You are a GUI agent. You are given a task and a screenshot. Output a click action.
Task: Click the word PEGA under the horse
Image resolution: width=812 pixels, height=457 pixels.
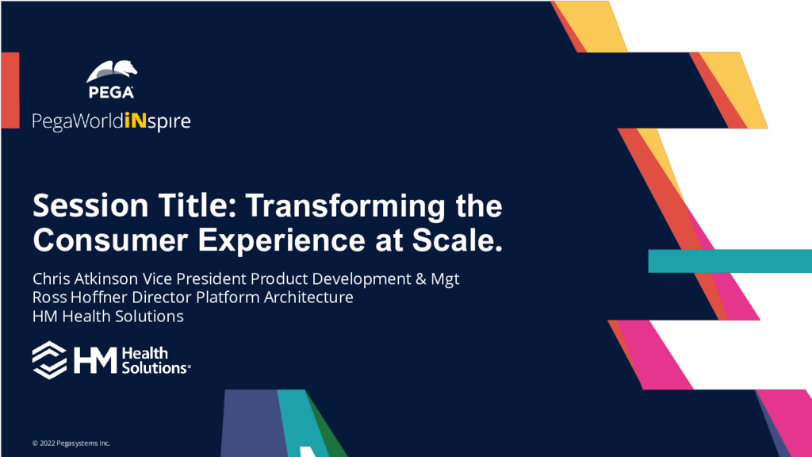(x=111, y=92)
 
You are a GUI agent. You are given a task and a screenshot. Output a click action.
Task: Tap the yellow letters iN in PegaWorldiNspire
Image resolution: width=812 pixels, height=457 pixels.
(x=136, y=121)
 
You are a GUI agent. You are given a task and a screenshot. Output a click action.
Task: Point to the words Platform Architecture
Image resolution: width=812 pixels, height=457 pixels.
(x=274, y=298)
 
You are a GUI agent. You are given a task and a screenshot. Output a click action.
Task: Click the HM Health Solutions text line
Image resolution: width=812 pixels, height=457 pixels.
(x=108, y=316)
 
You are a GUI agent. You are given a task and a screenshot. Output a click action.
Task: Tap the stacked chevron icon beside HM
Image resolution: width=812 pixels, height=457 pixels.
(x=50, y=360)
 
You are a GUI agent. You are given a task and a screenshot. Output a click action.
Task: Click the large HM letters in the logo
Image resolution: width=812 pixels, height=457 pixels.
(x=95, y=360)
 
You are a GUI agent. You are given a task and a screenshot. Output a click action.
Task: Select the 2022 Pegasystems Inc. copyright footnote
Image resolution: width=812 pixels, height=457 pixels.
(x=71, y=443)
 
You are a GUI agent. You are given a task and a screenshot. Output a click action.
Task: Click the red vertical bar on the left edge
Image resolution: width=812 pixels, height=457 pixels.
(x=10, y=90)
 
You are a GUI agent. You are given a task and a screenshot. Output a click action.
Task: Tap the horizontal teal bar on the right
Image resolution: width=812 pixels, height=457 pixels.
(x=730, y=261)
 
